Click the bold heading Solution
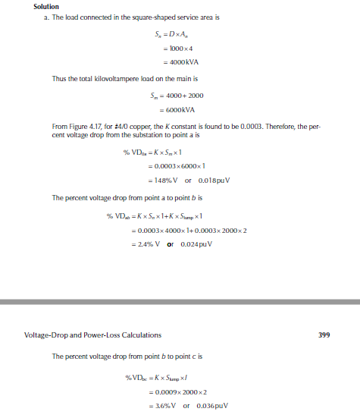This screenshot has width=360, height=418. tap(46, 7)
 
